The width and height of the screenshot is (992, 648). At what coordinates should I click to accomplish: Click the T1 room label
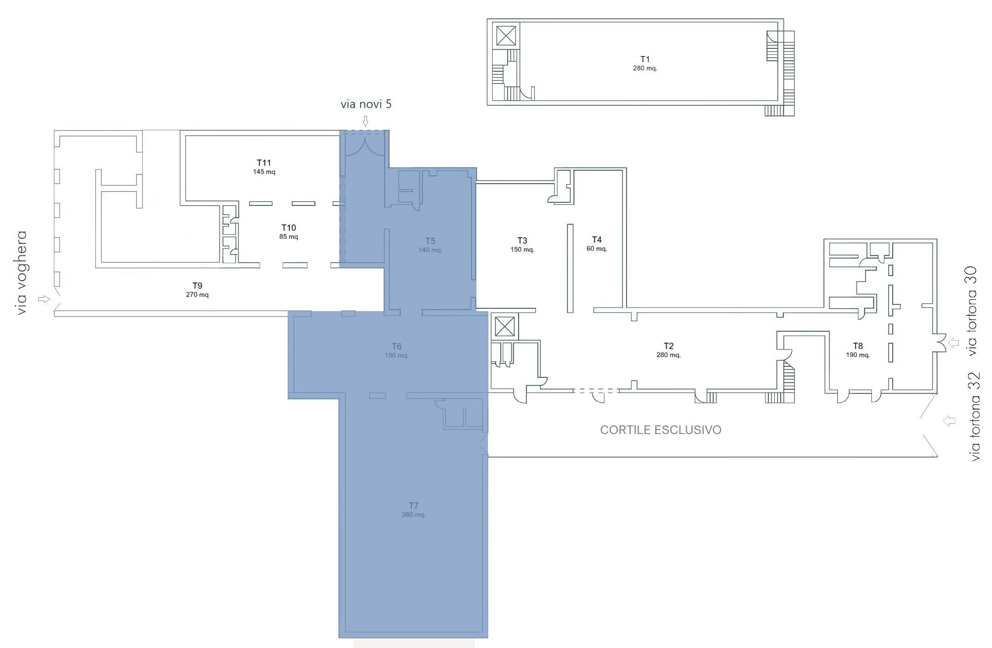click(645, 59)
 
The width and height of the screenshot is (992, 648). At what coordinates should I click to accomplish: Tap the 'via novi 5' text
click(366, 104)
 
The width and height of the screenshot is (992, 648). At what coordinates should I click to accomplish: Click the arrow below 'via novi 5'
click(365, 121)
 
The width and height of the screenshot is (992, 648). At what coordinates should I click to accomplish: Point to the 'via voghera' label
click(21, 272)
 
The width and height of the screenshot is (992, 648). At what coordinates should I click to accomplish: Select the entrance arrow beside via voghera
click(44, 299)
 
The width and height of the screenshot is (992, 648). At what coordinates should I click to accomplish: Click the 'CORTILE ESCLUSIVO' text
click(661, 430)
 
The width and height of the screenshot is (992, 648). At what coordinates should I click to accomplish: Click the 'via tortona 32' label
click(975, 417)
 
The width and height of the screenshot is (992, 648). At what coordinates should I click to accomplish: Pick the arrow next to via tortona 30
click(953, 343)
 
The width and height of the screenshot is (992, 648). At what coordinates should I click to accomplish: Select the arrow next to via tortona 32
click(949, 421)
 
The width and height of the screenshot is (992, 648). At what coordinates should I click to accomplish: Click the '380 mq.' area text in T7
click(413, 515)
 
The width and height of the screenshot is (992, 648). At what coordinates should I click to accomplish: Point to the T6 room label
click(396, 346)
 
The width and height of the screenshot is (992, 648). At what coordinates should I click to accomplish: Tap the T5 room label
click(430, 241)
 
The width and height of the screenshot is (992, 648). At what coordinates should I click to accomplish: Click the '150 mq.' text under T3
click(522, 249)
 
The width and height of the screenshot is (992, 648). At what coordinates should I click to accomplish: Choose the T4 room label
click(597, 239)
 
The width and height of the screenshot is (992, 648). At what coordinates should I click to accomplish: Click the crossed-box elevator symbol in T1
click(506, 35)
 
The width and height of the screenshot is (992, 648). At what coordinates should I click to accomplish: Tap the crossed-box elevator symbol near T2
click(504, 327)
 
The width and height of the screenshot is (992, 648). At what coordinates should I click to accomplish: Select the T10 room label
click(289, 228)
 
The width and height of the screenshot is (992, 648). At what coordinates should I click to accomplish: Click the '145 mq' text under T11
click(264, 172)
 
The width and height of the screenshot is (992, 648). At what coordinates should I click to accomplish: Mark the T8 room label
click(858, 346)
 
